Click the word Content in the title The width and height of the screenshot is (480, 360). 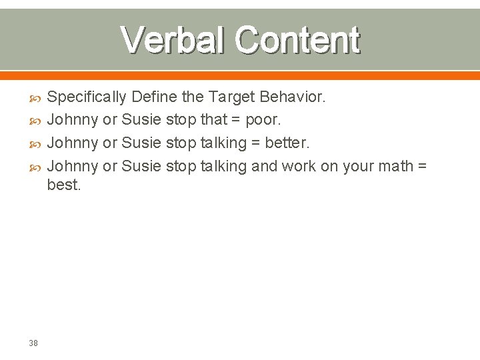point(297,41)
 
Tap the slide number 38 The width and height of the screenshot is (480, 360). point(33,343)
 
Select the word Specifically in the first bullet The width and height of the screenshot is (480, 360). point(87,97)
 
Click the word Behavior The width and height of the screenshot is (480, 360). point(292,97)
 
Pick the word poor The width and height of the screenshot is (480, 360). point(263,121)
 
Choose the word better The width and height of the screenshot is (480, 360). point(287,143)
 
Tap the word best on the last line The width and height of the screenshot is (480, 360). point(64,185)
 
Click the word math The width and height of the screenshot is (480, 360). point(397,166)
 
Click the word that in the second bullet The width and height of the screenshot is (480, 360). point(213,121)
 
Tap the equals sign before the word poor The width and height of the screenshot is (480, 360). point(237,121)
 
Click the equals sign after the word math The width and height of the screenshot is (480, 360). point(422,166)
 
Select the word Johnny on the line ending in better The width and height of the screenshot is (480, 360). point(73,143)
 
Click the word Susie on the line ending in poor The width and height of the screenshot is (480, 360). point(141,121)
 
